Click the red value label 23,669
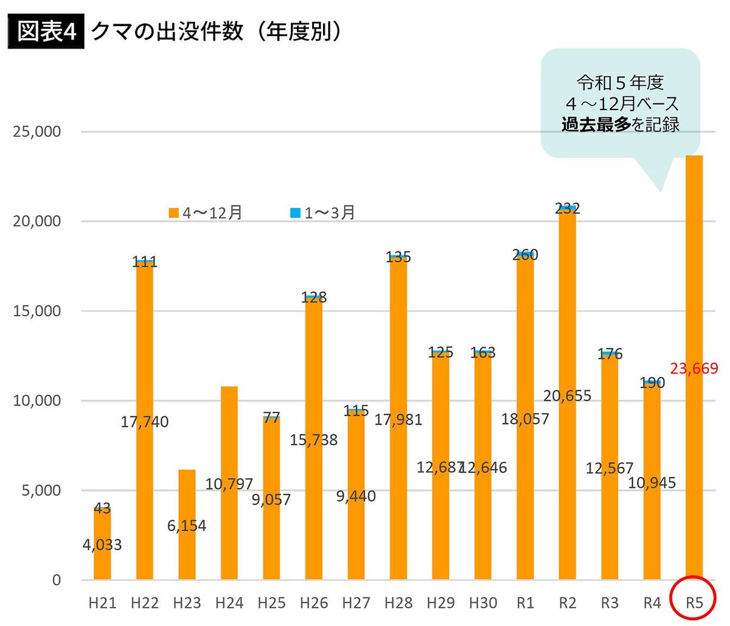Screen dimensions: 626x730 pyautogui.click(x=694, y=368)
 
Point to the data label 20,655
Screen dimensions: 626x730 pyautogui.click(x=567, y=396)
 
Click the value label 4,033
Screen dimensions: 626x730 pyautogui.click(x=102, y=544)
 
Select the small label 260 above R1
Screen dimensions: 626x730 pyautogui.click(x=525, y=255)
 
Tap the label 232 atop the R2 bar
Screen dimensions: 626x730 pyautogui.click(x=567, y=209)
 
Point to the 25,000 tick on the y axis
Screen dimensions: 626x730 pyautogui.click(x=37, y=131)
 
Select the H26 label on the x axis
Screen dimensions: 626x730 pyautogui.click(x=313, y=603)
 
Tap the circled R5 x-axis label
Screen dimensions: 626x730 pyautogui.click(x=694, y=603)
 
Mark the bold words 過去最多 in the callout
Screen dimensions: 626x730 pyautogui.click(x=596, y=125)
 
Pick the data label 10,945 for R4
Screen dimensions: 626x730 pyautogui.click(x=652, y=483)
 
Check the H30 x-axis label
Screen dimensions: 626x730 pyautogui.click(x=482, y=603)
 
